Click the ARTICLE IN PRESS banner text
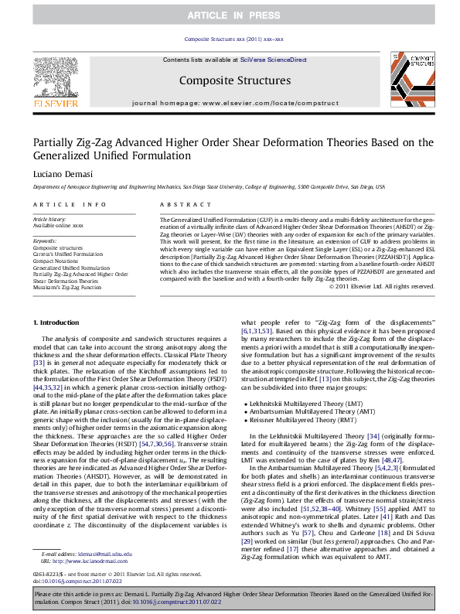coord(230,15)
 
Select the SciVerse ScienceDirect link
coord(273,60)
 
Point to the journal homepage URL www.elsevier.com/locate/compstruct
coord(253,102)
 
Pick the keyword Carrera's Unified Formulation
coord(68,254)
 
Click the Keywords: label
coord(45,240)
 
